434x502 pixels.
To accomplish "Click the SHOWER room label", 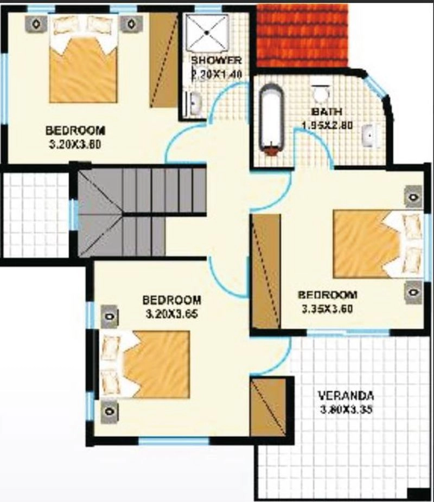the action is pyautogui.click(x=216, y=60).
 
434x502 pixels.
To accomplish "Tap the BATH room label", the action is pyautogui.click(x=327, y=112).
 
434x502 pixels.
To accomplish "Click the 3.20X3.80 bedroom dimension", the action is pyautogui.click(x=75, y=144).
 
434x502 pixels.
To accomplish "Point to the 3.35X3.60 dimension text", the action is pyautogui.click(x=327, y=308).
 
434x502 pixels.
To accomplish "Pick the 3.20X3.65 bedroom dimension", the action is pyautogui.click(x=171, y=314).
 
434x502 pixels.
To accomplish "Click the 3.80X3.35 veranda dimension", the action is pyautogui.click(x=346, y=409).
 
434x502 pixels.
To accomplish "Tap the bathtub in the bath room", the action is pyautogui.click(x=272, y=120).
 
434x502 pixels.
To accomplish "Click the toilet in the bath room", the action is pyautogui.click(x=320, y=93).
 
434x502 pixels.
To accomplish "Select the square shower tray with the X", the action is pyautogui.click(x=208, y=33).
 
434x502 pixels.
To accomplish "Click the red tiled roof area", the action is pyautogui.click(x=302, y=35).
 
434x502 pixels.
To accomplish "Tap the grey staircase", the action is pyautogui.click(x=141, y=213).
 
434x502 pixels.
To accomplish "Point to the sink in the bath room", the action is pyautogui.click(x=370, y=136).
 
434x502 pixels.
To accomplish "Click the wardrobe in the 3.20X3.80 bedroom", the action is pyautogui.click(x=164, y=60).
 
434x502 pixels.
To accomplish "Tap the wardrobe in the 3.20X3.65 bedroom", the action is pyautogui.click(x=268, y=407).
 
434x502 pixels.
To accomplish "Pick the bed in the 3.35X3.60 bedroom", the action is pyautogui.click(x=379, y=244).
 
